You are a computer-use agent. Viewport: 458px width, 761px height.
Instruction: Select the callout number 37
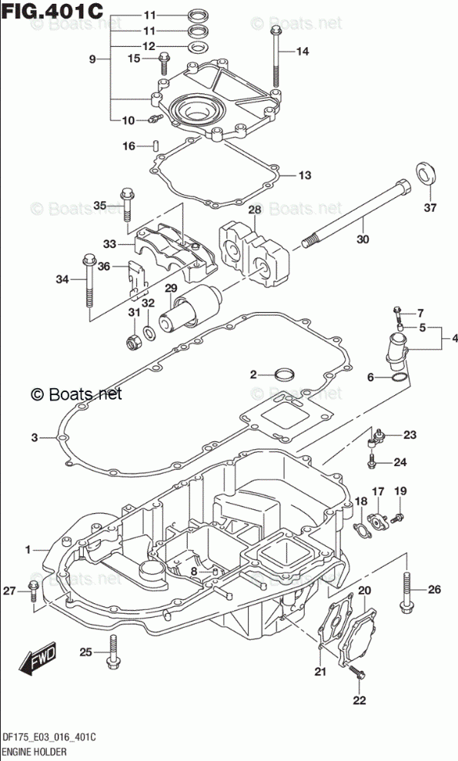click(x=430, y=208)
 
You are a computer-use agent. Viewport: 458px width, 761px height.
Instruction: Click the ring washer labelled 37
click(x=427, y=174)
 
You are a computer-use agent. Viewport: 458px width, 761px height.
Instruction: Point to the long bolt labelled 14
click(x=276, y=59)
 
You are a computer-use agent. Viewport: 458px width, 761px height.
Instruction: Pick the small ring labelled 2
click(x=285, y=374)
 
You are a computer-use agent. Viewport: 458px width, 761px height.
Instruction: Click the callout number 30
click(x=363, y=239)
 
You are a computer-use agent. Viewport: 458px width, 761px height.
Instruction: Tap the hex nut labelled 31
click(x=133, y=343)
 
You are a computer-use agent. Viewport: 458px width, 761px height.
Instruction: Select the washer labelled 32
click(x=151, y=333)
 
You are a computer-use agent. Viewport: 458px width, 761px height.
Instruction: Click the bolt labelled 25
click(x=113, y=652)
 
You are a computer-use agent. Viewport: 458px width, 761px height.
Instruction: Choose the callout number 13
click(x=305, y=175)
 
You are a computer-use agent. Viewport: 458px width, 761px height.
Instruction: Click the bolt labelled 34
click(x=89, y=281)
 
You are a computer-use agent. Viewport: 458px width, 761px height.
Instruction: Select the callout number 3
click(x=35, y=437)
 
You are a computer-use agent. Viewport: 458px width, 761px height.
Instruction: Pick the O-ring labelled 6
click(x=397, y=378)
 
